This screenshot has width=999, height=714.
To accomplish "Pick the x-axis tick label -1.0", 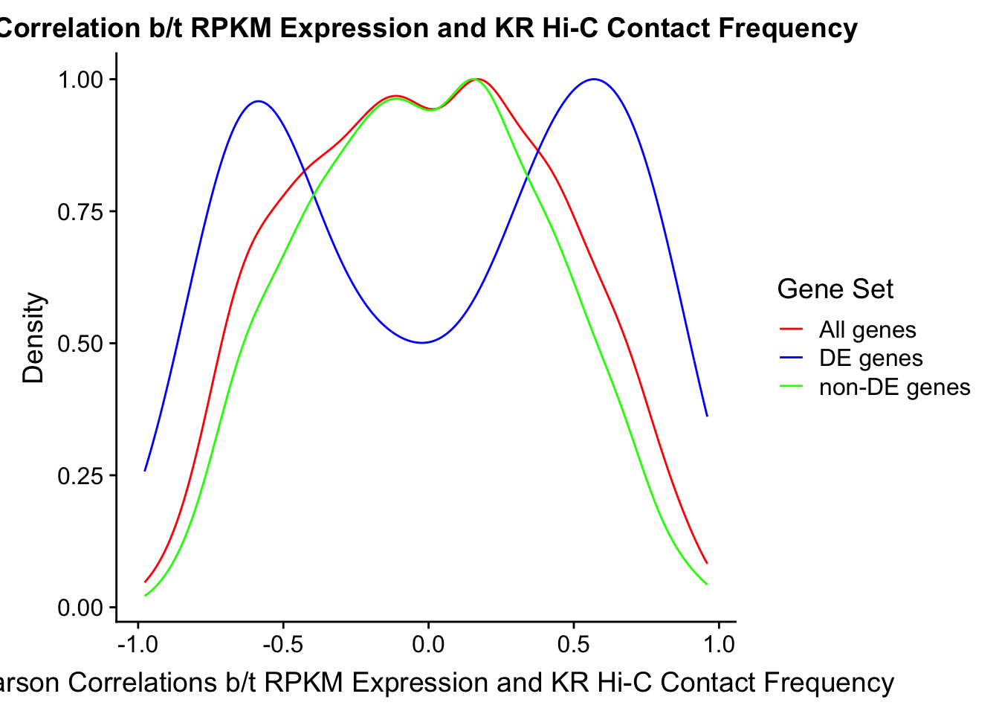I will pos(138,644).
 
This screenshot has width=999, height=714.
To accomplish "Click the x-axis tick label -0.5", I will pos(283,644).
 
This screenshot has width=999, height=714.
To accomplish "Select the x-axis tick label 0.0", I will pos(428,644).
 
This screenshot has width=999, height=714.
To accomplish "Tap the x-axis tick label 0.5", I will pos(573,644).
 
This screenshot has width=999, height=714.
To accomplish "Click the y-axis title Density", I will pos(34,338).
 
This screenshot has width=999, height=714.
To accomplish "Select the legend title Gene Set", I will pos(835,289).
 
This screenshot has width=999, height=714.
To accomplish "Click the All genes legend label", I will pos(867,329).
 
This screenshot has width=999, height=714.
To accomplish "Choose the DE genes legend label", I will pos(870,358).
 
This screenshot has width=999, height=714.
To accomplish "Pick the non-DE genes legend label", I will pos(894,387).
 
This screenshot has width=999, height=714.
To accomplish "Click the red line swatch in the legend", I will pos(792,329).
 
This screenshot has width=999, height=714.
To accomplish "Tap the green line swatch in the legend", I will pos(792,387).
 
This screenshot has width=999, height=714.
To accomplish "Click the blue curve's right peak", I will pos(593,79).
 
